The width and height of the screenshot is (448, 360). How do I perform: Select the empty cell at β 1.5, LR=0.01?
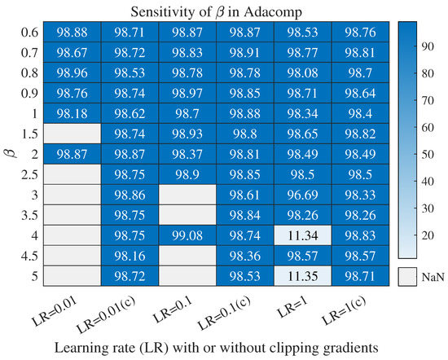(x=72, y=130)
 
